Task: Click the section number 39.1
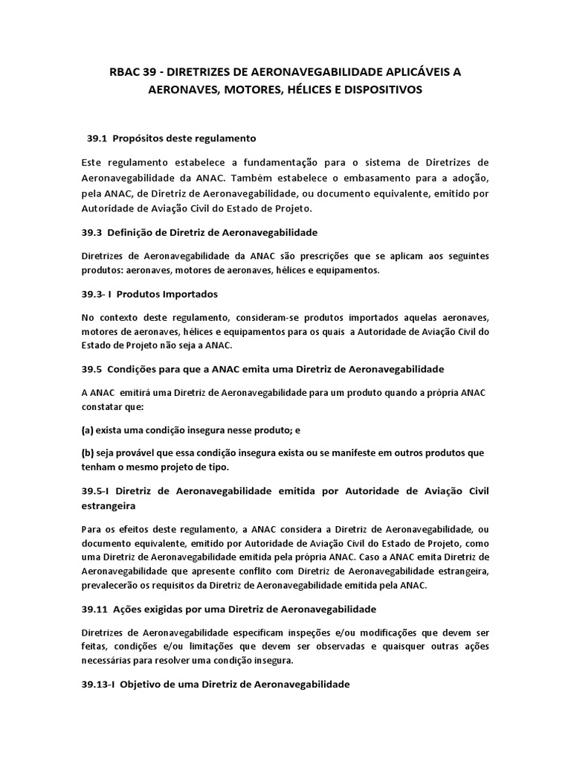pyautogui.click(x=97, y=138)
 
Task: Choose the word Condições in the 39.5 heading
pyautogui.click(x=134, y=369)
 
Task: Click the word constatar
pyautogui.click(x=101, y=407)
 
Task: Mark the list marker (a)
pyautogui.click(x=88, y=430)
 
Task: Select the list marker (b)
pyautogui.click(x=88, y=453)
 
